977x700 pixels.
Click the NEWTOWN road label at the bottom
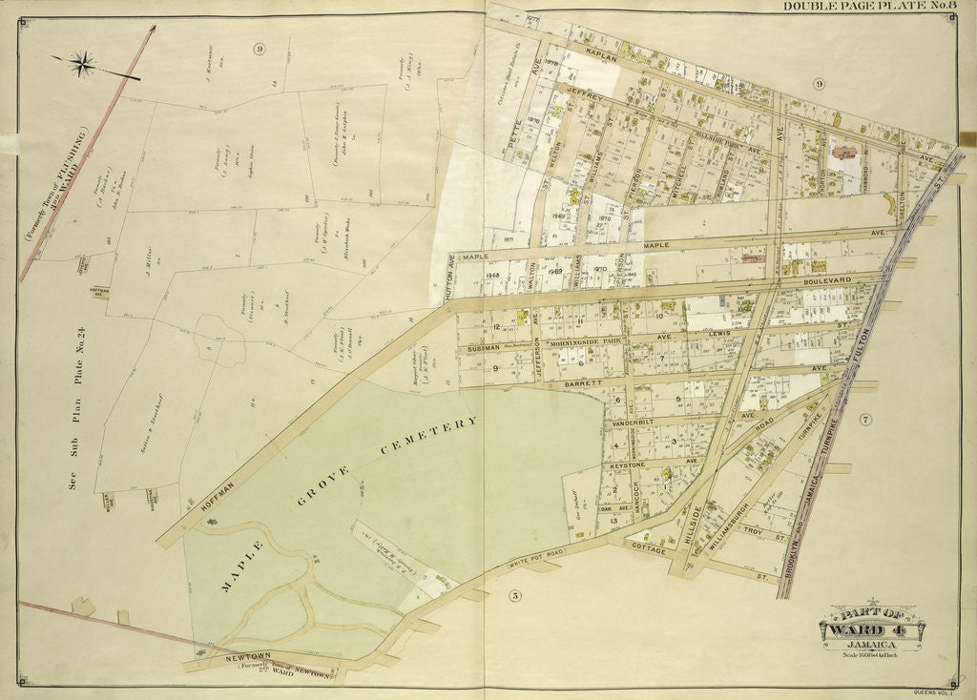tap(226, 657)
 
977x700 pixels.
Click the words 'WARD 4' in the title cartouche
tap(870, 629)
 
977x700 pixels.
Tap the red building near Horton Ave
tap(844, 152)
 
